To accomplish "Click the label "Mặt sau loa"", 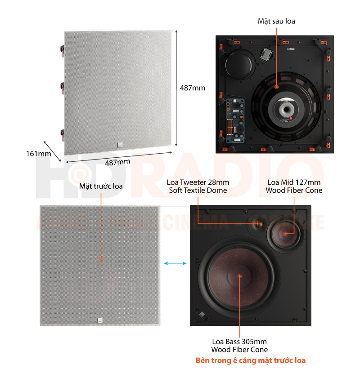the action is pyautogui.click(x=276, y=21).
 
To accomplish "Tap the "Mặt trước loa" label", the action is pyautogui.click(x=101, y=186).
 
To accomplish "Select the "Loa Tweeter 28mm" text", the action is pyautogui.click(x=198, y=182).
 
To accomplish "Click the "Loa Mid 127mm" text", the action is pyautogui.click(x=294, y=182).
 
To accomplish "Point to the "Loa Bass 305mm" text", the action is pyautogui.click(x=239, y=342).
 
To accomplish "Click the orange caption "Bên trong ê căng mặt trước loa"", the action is pyautogui.click(x=251, y=360).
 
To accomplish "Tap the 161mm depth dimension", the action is pyautogui.click(x=39, y=154).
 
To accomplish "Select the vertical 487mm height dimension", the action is pyautogui.click(x=193, y=88).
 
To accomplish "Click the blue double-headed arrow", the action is pyautogui.click(x=175, y=263).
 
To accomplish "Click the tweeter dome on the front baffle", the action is pyautogui.click(x=257, y=224).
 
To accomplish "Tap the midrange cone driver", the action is pyautogui.click(x=285, y=234).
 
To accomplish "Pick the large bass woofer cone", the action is pyautogui.click(x=239, y=276).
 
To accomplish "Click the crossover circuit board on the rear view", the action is pyautogui.click(x=235, y=120).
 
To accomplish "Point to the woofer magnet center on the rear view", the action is pyautogui.click(x=286, y=109).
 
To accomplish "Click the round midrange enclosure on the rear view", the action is pyautogui.click(x=240, y=63).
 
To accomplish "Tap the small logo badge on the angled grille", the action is pyautogui.click(x=120, y=145).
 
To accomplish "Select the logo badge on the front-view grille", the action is pyautogui.click(x=100, y=320).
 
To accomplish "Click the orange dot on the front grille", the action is pyautogui.click(x=101, y=260).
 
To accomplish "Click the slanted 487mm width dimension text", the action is pyautogui.click(x=117, y=162).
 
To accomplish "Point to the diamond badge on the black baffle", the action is pyautogui.click(x=202, y=314).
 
